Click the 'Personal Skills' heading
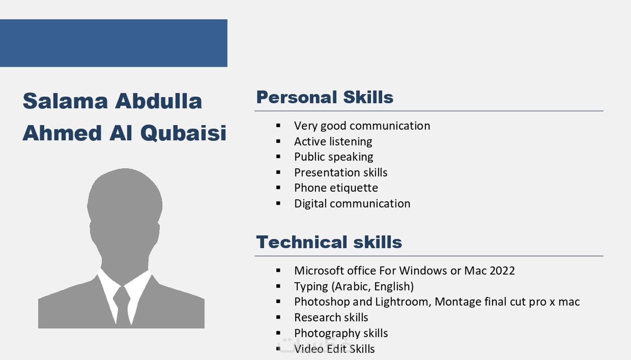[324, 98]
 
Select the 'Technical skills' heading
[329, 242]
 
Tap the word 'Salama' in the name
[65, 101]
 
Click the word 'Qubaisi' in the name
[183, 132]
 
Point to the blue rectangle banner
[114, 43]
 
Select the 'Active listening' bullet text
[333, 141]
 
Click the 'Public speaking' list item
[334, 157]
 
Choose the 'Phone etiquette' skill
[336, 188]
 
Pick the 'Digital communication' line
[352, 204]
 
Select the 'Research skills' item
[331, 317]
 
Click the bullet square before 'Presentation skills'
[278, 172]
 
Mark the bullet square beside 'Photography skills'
[278, 333]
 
